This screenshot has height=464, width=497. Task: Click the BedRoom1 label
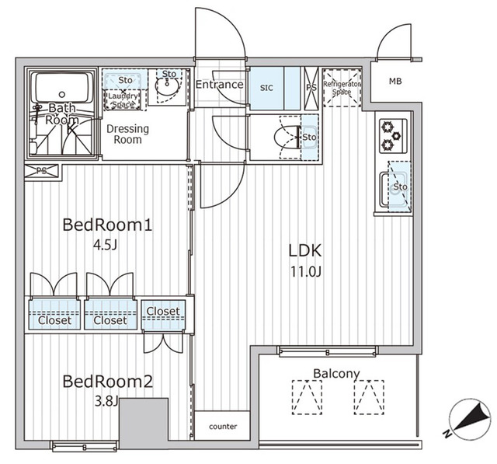[106, 225]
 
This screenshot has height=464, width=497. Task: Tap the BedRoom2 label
[107, 382]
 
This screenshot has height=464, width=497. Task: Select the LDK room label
[304, 251]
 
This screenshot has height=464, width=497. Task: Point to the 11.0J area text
[305, 274]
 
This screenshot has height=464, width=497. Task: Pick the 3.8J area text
[106, 403]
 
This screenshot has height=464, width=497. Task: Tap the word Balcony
[336, 374]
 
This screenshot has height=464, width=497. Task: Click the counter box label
[223, 427]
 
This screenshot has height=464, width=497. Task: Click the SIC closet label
[265, 88]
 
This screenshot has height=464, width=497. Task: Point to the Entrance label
[220, 85]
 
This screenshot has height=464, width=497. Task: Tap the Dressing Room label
[123, 134]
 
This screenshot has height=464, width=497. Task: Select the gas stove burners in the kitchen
[388, 136]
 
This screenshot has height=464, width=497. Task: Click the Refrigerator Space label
[342, 88]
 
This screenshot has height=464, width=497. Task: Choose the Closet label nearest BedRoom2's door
[163, 312]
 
